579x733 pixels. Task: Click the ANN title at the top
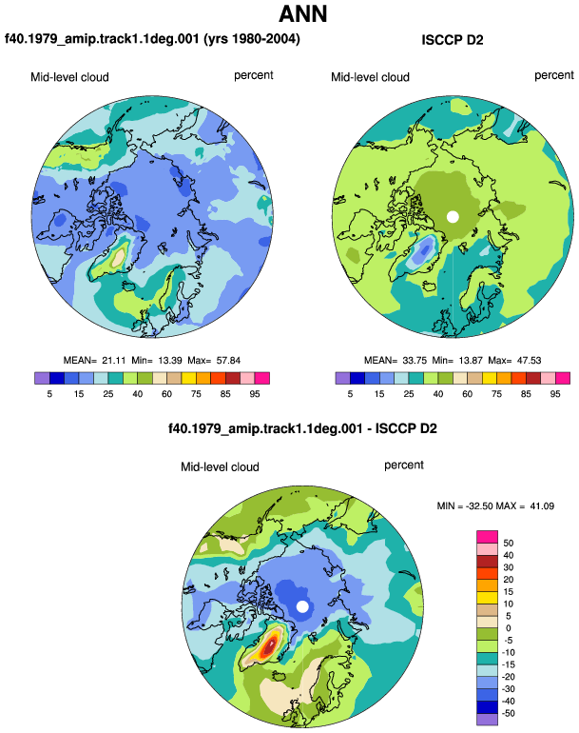point(303,13)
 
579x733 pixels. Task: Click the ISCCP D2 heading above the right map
point(452,40)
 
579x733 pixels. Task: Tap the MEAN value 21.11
point(114,361)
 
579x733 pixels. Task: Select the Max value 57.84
point(228,361)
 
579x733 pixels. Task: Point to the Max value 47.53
point(529,361)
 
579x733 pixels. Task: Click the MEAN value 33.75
point(415,361)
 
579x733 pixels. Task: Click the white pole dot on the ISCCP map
point(453,217)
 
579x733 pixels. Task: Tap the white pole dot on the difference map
point(302,606)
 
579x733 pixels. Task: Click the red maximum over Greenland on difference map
point(269,646)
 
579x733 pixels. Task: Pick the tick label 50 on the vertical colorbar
point(508,544)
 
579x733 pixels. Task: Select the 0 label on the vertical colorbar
point(508,628)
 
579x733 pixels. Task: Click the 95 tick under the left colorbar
point(255,394)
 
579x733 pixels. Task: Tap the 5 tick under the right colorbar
point(350,394)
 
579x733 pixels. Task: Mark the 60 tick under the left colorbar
point(166,394)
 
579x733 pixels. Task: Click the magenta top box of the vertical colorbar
point(487,537)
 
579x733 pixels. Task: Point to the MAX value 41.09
point(542,505)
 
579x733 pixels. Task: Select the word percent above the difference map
point(404,466)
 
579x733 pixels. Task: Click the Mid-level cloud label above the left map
point(69,77)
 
